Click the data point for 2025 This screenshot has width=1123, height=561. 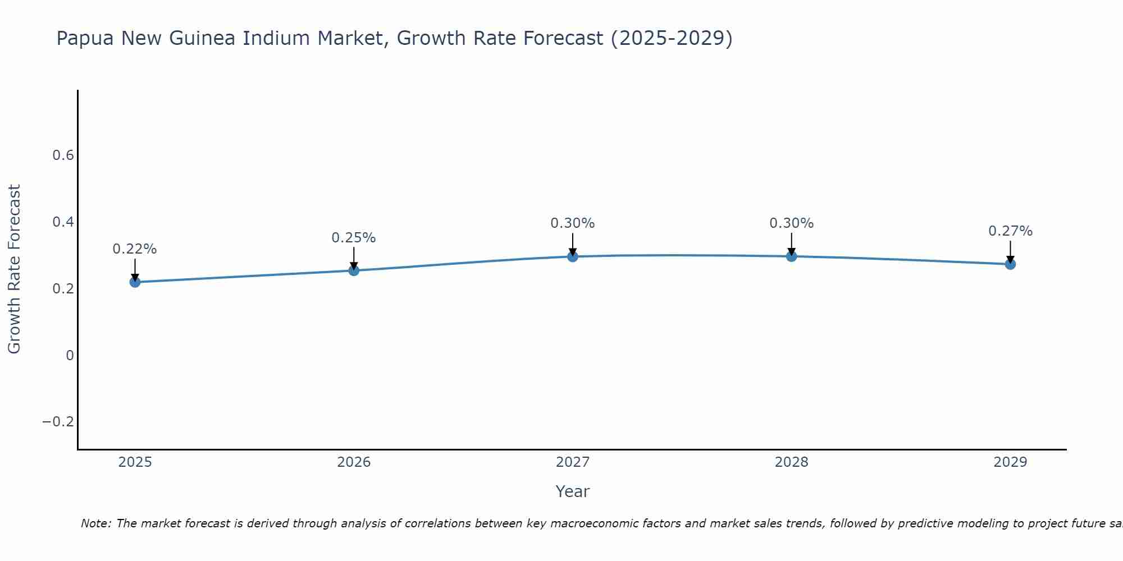click(135, 282)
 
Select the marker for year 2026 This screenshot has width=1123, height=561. click(354, 270)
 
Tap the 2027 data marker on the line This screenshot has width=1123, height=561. click(573, 256)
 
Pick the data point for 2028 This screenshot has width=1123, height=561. click(791, 256)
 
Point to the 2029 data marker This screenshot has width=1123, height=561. click(1010, 264)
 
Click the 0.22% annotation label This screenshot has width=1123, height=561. click(135, 249)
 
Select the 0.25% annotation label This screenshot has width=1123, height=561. click(354, 238)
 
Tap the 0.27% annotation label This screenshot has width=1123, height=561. click(1010, 231)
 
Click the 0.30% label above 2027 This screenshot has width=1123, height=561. click(573, 223)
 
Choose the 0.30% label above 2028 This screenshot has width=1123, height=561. click(791, 223)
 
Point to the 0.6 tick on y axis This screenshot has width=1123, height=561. click(63, 155)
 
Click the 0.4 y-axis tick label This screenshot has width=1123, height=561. click(63, 222)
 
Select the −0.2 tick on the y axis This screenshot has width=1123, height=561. click(58, 422)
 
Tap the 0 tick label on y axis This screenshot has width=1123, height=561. click(70, 355)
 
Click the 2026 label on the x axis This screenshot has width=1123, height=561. click(354, 462)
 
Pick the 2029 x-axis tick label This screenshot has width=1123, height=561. click(1010, 462)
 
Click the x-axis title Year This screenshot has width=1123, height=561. click(572, 491)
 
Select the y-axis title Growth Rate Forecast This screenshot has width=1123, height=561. click(14, 269)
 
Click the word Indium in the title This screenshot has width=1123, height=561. click(278, 39)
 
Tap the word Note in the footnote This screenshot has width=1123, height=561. click(96, 523)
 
